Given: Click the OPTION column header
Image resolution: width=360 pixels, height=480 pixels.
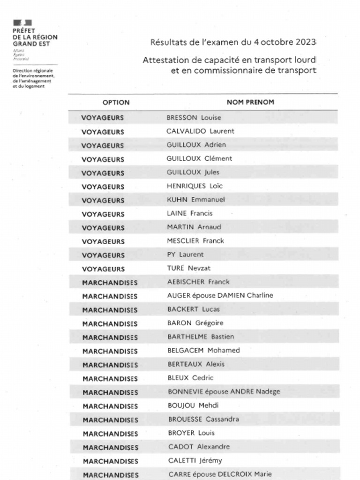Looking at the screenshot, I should [x=116, y=102].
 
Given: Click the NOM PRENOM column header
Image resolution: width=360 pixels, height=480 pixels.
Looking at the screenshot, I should [x=250, y=102].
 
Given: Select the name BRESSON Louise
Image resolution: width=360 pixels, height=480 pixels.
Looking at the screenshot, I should [x=194, y=118].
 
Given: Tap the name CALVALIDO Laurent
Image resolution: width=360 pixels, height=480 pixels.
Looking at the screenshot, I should [x=200, y=131].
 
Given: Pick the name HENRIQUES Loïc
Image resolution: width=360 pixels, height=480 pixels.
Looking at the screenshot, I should [x=195, y=186].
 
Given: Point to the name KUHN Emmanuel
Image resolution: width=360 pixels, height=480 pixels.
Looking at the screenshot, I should [x=196, y=200].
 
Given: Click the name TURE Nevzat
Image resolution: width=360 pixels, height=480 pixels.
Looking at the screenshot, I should [x=189, y=269].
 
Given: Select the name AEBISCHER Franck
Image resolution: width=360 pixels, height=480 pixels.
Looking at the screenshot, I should [x=198, y=282].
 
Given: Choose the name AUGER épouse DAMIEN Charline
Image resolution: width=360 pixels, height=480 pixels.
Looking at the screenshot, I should [x=220, y=296].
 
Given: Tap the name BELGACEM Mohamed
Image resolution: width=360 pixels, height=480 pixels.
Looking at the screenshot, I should [x=203, y=351].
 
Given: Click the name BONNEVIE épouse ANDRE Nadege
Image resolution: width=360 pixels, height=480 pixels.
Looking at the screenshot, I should [x=224, y=392].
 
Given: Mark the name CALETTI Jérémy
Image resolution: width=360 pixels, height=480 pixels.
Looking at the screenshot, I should [x=195, y=461].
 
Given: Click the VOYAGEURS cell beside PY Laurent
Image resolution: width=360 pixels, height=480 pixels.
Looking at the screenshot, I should [x=103, y=255].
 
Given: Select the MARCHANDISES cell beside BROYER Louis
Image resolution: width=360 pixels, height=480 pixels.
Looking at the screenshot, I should [x=110, y=434].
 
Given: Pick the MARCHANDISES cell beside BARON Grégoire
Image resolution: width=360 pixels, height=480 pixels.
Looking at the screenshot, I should [x=110, y=323].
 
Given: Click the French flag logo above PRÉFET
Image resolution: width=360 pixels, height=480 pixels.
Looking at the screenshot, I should [x=22, y=22].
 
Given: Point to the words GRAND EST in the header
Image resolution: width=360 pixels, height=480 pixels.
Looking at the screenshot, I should [x=31, y=44].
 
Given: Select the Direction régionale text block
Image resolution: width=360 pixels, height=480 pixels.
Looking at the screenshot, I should [x=33, y=79].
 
